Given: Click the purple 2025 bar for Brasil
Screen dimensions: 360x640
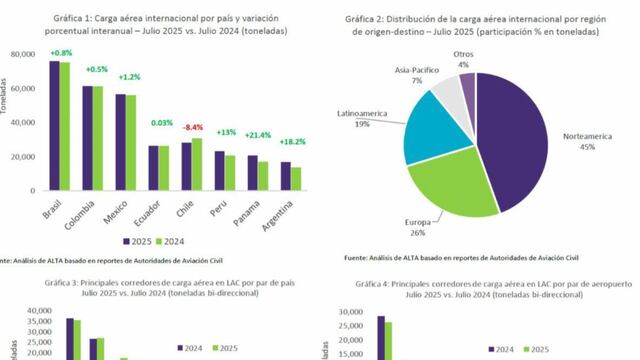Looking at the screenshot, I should pyautogui.click(x=54, y=126).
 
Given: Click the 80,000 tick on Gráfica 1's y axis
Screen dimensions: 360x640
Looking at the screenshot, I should pyautogui.click(x=21, y=54).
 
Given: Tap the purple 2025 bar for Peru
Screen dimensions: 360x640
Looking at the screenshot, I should pyautogui.click(x=218, y=171).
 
